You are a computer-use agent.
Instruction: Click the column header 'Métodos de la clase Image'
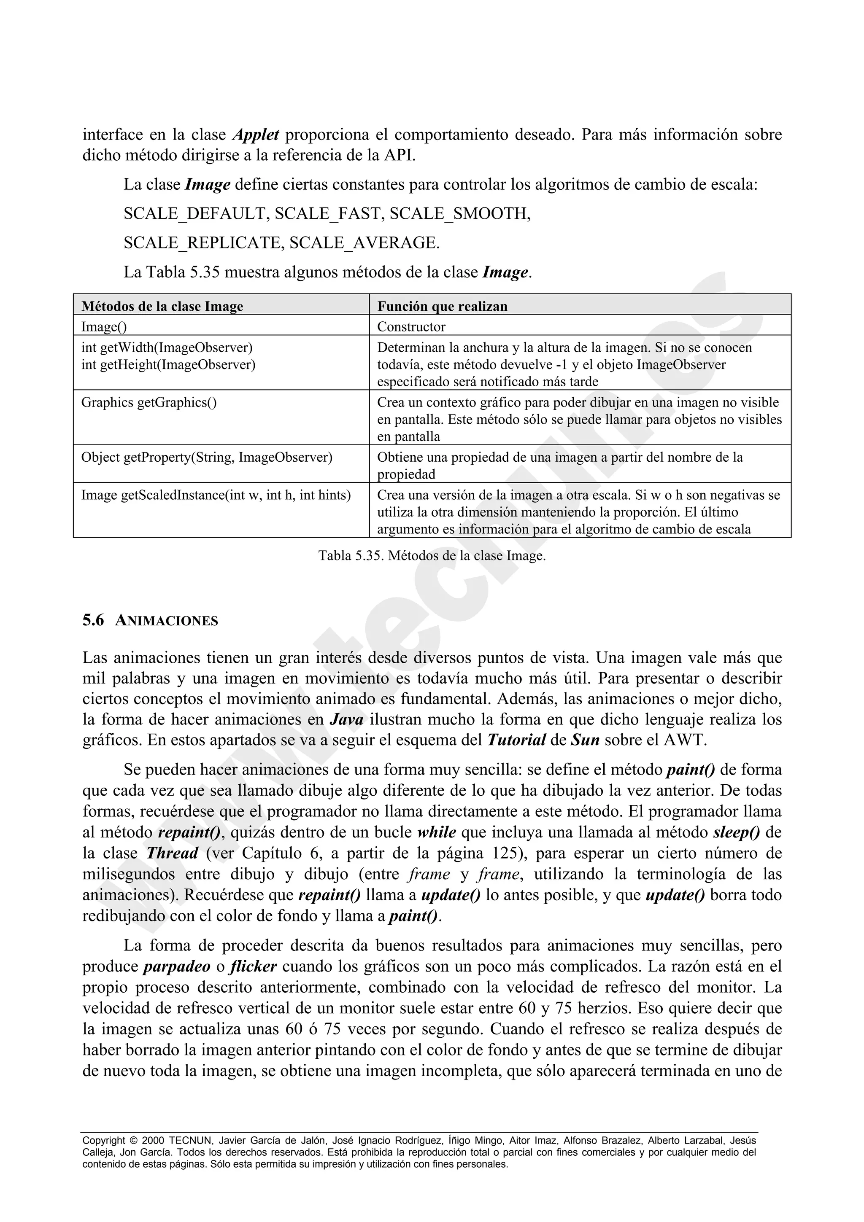[x=162, y=307]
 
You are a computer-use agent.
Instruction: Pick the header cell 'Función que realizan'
[x=443, y=307]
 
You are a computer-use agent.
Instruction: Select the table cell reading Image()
[x=104, y=327]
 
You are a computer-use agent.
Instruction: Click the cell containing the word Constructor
[x=411, y=327]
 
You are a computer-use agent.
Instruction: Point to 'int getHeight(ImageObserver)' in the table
[x=168, y=365]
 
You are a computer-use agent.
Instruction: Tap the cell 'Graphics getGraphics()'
[x=149, y=403]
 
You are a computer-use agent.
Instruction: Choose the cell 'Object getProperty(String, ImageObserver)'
[x=207, y=458]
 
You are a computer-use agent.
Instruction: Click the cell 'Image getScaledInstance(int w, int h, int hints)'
[x=216, y=495]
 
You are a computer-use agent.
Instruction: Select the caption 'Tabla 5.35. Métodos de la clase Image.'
[x=432, y=556]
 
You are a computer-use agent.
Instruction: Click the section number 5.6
[x=93, y=621]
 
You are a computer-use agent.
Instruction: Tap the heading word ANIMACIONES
[x=167, y=621]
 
